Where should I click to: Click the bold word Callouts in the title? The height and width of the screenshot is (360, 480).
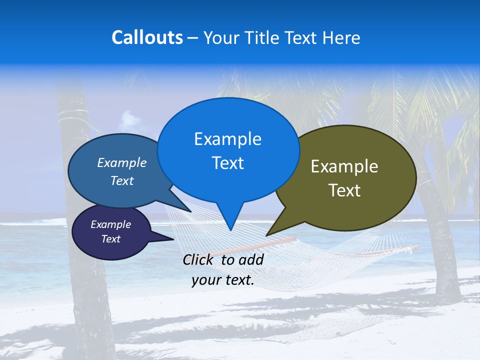[x=147, y=37]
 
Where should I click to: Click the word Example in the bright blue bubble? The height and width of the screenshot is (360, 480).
[x=227, y=139]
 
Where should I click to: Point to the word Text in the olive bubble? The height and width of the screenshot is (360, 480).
[x=344, y=190]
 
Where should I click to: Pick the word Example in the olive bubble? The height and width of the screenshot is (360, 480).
[x=344, y=166]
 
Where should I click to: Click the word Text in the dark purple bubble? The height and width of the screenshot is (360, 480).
[x=111, y=239]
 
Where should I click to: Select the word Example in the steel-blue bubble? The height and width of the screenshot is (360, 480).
[x=121, y=163]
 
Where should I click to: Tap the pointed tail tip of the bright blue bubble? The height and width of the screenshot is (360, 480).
[x=230, y=229]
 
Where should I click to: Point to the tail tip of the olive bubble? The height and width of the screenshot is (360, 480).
[x=267, y=234]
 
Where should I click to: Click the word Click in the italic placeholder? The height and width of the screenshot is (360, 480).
[x=199, y=259]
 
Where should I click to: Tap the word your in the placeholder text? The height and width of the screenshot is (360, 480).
[x=205, y=280]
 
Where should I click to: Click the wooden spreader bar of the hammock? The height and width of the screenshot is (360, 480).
[x=260, y=245]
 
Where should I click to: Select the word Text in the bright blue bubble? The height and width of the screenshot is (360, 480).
[x=227, y=163]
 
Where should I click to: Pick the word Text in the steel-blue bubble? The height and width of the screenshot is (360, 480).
[x=122, y=181]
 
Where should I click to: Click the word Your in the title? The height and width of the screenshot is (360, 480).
[x=220, y=38]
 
